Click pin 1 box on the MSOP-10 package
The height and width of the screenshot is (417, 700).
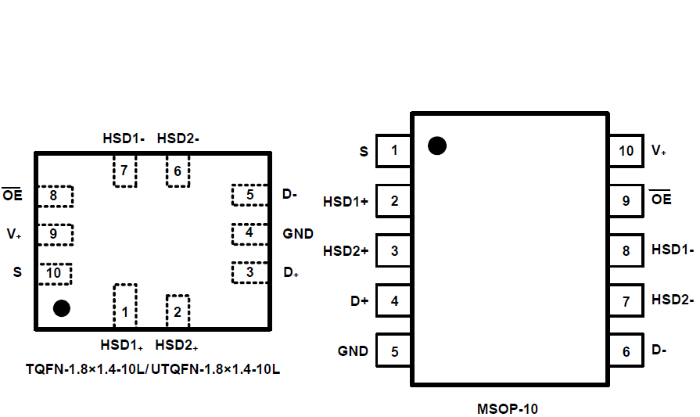pyautogui.click(x=394, y=151)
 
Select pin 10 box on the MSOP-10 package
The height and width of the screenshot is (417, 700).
pyautogui.click(x=626, y=151)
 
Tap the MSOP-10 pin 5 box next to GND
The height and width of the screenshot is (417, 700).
pyautogui.click(x=394, y=351)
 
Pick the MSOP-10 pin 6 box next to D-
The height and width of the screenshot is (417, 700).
pyautogui.click(x=626, y=351)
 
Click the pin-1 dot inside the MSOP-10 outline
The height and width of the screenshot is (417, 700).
pyautogui.click(x=437, y=146)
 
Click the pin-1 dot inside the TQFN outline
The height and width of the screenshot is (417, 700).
pyautogui.click(x=62, y=308)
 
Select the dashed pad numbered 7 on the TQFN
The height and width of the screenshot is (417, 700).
pyautogui.click(x=124, y=171)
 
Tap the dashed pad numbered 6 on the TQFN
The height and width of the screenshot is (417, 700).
pyautogui.click(x=178, y=171)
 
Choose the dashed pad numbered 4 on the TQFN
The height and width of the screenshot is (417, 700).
pyautogui.click(x=250, y=232)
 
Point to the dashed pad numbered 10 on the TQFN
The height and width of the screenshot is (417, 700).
pyautogui.click(x=55, y=273)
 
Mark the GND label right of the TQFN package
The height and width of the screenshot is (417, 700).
pyautogui.click(x=298, y=234)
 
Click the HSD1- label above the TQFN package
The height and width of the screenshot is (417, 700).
pyautogui.click(x=124, y=138)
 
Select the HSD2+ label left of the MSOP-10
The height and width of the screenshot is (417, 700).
pyautogui.click(x=346, y=251)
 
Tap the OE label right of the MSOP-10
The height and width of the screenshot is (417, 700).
pyautogui.click(x=662, y=200)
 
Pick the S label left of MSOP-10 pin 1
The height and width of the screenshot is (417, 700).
pyautogui.click(x=364, y=152)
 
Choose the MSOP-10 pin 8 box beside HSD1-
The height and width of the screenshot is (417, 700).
pyautogui.click(x=626, y=251)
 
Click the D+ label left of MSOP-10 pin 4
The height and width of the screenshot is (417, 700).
pyautogui.click(x=359, y=301)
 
